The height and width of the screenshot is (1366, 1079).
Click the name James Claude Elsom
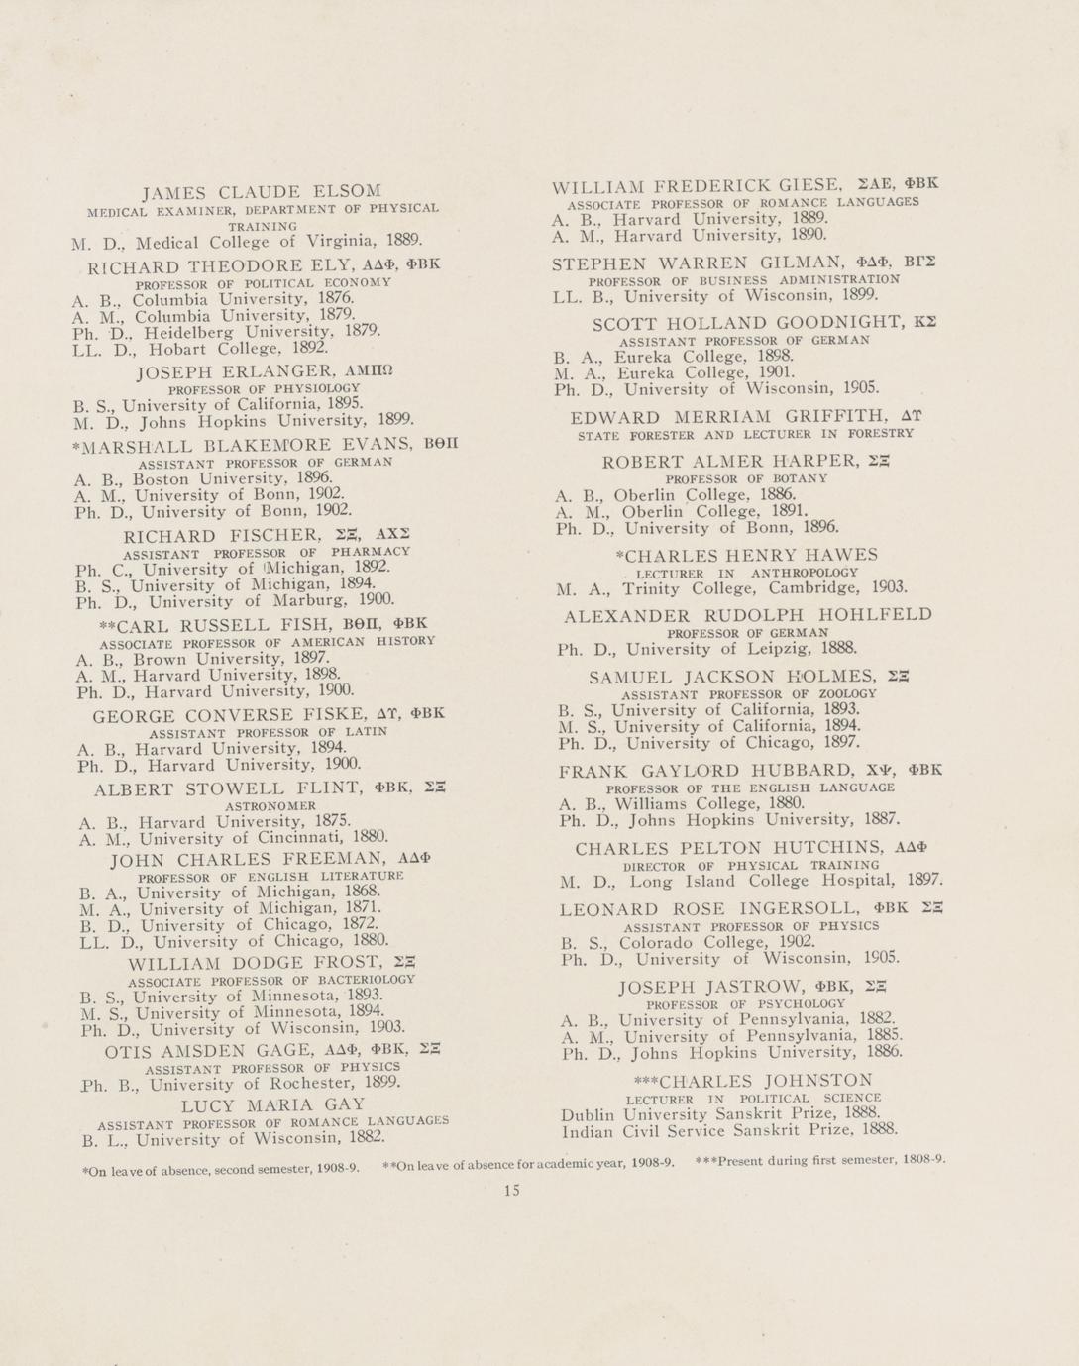click(x=262, y=191)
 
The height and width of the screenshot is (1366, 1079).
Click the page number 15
click(x=511, y=1191)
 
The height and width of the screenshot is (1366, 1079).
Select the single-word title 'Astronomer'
click(x=270, y=806)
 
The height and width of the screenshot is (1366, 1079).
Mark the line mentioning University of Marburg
click(x=235, y=600)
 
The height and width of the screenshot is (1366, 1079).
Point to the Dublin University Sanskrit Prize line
click(x=721, y=1113)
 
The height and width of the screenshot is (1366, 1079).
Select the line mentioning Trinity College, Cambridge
click(x=732, y=588)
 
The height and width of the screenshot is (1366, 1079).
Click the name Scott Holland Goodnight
click(x=753, y=323)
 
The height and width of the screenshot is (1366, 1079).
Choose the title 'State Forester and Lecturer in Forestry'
click(x=745, y=434)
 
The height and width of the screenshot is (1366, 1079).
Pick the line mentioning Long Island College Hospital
click(x=751, y=880)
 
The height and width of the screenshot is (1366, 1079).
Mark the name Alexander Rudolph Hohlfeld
click(x=748, y=615)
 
